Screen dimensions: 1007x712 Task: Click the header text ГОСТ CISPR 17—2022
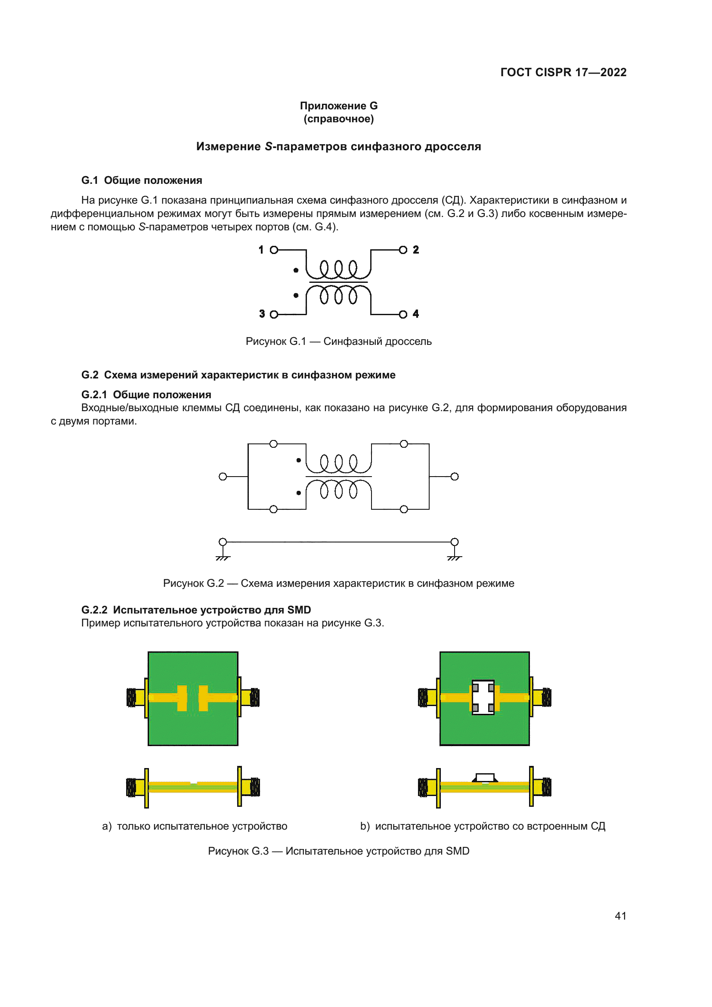point(563,72)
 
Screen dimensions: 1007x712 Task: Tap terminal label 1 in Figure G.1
point(261,250)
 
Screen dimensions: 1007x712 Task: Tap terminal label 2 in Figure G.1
point(416,250)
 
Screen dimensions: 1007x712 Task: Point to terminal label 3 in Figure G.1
point(262,314)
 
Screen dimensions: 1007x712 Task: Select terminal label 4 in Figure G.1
point(416,314)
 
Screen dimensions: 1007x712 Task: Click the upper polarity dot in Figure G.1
point(296,270)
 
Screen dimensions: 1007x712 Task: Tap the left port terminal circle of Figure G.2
point(223,477)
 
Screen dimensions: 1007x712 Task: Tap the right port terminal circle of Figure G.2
point(455,477)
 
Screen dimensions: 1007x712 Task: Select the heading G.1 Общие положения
point(142,180)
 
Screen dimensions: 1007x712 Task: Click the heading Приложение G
point(338,106)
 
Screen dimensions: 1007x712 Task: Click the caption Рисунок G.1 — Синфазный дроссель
point(338,341)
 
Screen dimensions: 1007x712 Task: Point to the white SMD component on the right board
point(483,697)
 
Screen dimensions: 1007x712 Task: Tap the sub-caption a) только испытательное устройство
point(195,826)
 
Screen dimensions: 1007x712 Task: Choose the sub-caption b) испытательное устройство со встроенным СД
point(483,826)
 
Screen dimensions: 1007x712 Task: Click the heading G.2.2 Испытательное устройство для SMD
point(196,610)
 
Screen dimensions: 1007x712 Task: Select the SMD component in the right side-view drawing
point(485,778)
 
